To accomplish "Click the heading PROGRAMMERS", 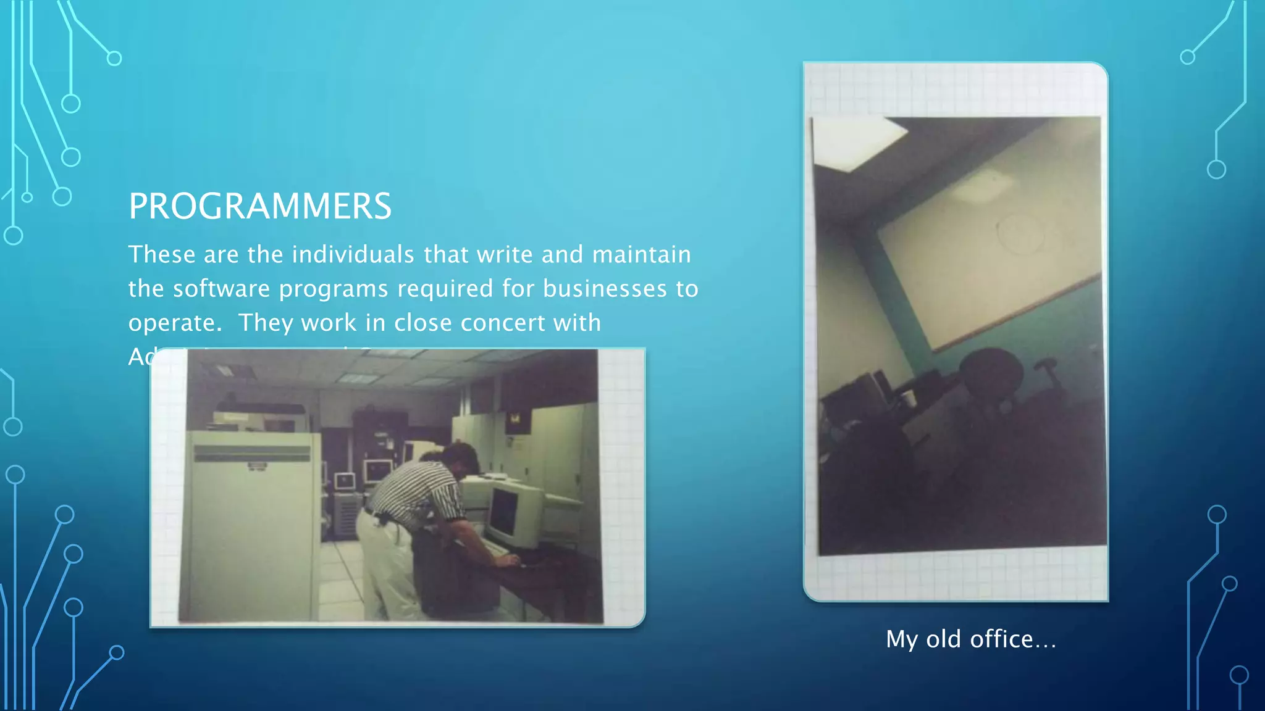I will coord(260,206).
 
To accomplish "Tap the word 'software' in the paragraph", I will coord(221,289).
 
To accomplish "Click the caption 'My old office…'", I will coord(970,639).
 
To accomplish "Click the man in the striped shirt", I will coord(426,494).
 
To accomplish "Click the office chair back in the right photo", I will coord(991,376).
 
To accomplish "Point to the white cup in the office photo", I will coord(908,398).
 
